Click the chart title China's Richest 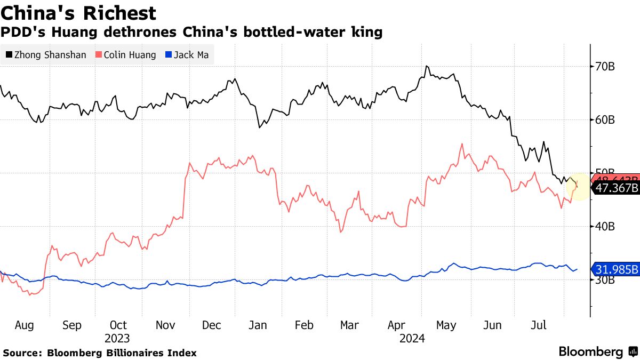tap(78, 13)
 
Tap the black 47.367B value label tap(616, 188)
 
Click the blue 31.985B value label tap(616, 269)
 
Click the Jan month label tap(258, 325)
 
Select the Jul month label tap(539, 325)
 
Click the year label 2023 tap(117, 339)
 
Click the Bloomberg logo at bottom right tap(597, 352)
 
